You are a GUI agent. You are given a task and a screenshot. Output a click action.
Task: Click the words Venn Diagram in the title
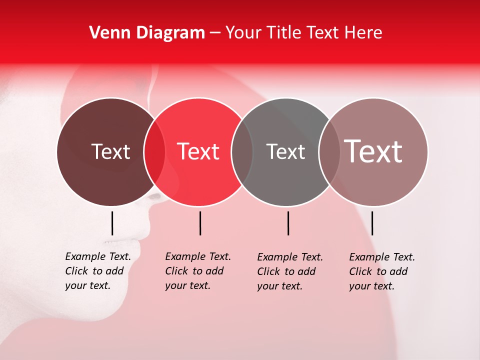click(147, 33)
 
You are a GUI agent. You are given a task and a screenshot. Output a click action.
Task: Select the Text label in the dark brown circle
click(110, 151)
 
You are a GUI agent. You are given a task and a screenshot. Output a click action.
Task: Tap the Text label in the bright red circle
click(198, 151)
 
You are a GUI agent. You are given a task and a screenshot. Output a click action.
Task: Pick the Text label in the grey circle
click(285, 151)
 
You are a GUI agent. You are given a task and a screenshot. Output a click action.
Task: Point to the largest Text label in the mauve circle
click(373, 151)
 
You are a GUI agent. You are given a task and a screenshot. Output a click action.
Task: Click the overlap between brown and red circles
click(154, 151)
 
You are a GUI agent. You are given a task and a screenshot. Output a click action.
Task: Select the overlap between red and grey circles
click(242, 151)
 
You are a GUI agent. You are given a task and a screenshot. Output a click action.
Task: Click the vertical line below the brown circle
click(112, 223)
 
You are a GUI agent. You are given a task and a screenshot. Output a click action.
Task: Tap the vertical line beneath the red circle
click(200, 223)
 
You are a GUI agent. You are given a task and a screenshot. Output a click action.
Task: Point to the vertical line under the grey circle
click(288, 223)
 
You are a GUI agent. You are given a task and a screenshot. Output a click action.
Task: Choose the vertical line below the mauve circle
click(372, 223)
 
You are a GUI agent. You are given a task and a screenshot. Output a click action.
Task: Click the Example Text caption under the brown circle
click(97, 271)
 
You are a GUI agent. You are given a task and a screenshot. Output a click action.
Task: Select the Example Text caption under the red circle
click(197, 271)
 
